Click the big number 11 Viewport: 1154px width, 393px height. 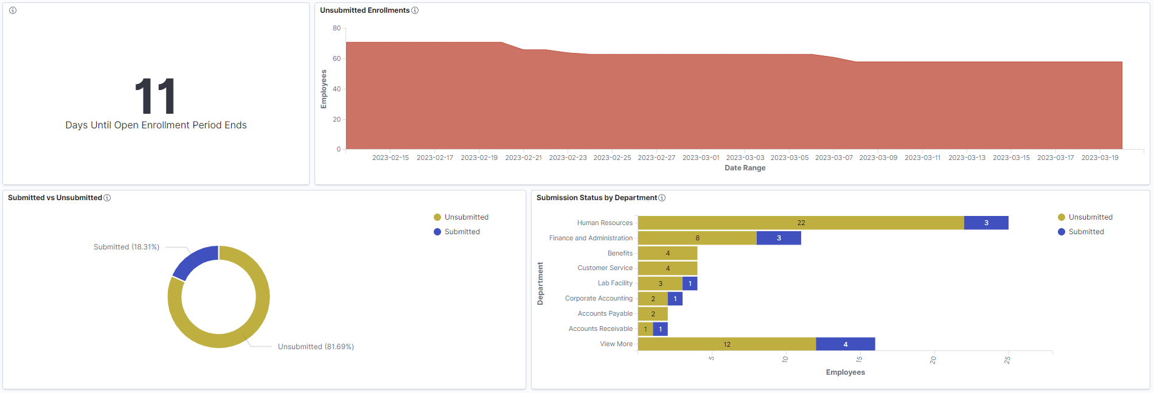155,96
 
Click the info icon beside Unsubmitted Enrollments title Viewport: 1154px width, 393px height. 415,10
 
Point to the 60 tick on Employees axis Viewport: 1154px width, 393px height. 336,58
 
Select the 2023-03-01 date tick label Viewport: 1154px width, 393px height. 700,158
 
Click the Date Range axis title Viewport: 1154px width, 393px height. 745,168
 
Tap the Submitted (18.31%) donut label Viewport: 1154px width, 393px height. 127,247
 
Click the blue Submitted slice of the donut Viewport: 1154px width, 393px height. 193,262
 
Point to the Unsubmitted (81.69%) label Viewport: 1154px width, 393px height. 316,347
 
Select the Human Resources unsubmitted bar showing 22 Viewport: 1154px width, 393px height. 801,223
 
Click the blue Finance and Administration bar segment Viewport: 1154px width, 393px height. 779,238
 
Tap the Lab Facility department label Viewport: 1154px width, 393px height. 615,283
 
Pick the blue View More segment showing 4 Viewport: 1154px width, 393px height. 845,344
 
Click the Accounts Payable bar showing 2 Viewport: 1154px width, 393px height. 653,314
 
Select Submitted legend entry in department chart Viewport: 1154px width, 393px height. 1086,232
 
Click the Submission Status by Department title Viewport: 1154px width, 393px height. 596,198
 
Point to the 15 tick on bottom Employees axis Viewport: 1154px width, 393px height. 859,360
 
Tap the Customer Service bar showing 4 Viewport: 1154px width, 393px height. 667,268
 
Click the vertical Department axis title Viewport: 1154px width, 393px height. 540,283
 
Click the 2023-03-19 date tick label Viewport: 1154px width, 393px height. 1099,158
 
